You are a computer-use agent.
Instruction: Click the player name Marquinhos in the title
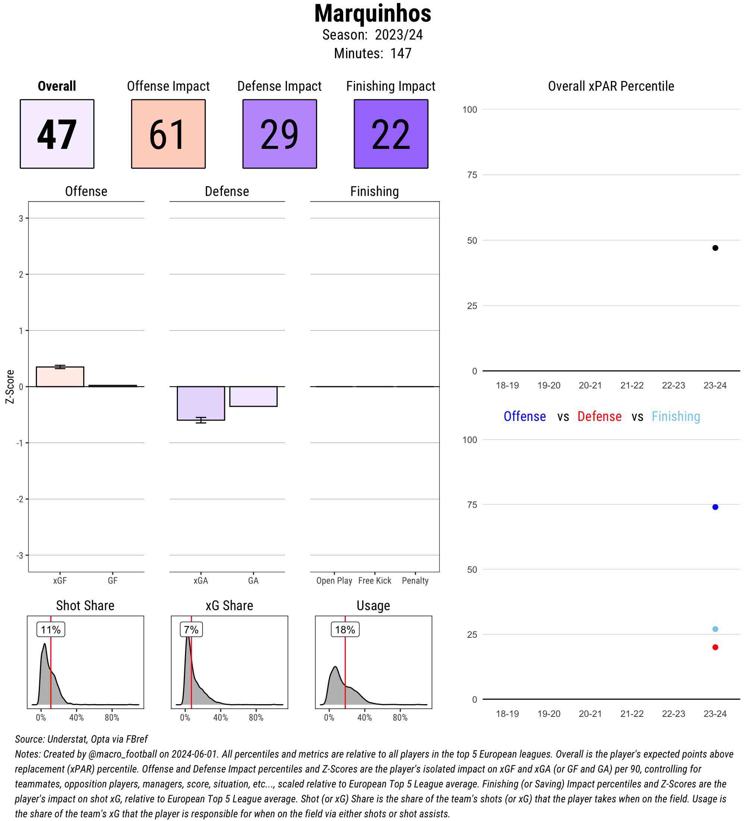click(x=372, y=14)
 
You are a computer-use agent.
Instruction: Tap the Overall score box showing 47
click(x=57, y=134)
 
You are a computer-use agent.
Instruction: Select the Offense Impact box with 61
click(x=168, y=134)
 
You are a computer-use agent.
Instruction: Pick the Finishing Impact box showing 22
click(x=391, y=134)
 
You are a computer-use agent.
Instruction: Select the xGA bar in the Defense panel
click(x=201, y=403)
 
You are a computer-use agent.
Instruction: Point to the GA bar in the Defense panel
click(x=253, y=396)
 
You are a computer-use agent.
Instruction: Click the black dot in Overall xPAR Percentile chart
click(x=715, y=248)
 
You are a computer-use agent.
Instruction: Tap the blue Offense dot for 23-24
click(x=715, y=507)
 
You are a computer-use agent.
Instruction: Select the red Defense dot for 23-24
click(x=715, y=647)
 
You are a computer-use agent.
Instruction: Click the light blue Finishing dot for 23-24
click(x=715, y=629)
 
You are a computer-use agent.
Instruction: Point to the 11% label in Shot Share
click(x=51, y=630)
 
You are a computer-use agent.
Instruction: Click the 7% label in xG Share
click(x=191, y=630)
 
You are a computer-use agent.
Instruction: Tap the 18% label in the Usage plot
click(x=345, y=630)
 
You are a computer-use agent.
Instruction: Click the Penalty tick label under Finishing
click(x=415, y=581)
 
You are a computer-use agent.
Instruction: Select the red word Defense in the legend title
click(x=599, y=416)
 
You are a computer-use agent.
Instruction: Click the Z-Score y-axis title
click(x=10, y=387)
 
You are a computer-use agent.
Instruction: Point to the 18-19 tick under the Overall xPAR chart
click(x=507, y=385)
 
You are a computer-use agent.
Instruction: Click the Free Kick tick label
click(x=374, y=581)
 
